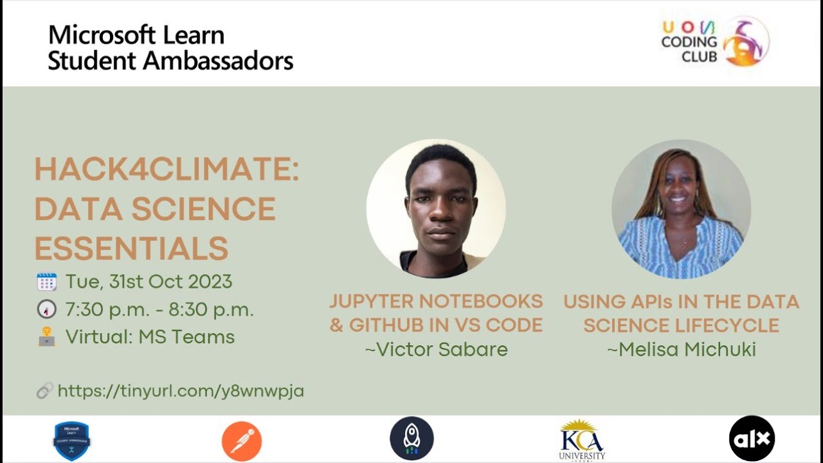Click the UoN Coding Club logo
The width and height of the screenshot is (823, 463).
715,42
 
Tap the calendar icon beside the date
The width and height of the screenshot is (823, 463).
46,282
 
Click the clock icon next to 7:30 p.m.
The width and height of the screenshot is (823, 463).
46,309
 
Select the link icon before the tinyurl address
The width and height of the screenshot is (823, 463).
44,390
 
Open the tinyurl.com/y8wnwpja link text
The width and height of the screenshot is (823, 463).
181,390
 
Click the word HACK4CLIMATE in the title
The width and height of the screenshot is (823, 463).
166,170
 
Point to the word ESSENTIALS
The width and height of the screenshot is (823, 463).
131,248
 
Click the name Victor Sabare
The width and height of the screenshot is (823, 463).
436,349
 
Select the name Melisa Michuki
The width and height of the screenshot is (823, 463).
681,349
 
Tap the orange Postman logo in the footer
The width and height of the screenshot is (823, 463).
242,440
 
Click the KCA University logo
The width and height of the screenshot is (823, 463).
581,439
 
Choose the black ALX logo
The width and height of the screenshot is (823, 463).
752,439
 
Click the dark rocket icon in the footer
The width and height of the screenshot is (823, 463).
411,439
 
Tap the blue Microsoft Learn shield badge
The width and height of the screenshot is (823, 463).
71,440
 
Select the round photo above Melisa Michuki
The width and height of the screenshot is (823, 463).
681,209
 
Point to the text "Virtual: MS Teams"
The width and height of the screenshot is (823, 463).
150,337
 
